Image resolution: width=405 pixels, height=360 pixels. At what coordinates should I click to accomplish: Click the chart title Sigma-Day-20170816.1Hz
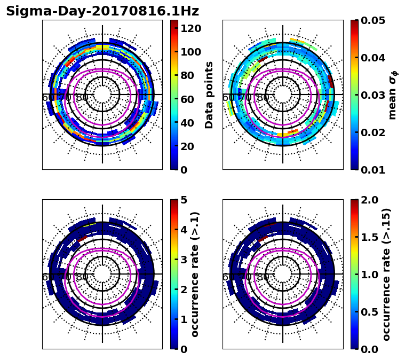pyautogui.click(x=102, y=11)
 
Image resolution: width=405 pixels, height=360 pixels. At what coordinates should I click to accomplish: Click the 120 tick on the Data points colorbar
pyautogui.click(x=190, y=28)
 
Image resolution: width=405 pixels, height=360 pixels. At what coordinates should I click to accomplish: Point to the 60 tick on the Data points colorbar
pyautogui.click(x=188, y=99)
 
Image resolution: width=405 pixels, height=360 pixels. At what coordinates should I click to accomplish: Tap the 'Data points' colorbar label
pyautogui.click(x=209, y=95)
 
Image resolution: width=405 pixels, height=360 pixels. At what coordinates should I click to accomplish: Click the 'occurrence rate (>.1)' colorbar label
pyautogui.click(x=195, y=274)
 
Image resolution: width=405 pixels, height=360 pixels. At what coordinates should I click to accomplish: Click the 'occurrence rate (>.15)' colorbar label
pyautogui.click(x=386, y=274)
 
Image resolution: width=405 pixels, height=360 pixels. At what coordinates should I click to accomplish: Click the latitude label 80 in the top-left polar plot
pyautogui.click(x=82, y=98)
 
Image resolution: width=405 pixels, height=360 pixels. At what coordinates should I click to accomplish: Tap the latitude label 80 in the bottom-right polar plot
pyautogui.click(x=262, y=277)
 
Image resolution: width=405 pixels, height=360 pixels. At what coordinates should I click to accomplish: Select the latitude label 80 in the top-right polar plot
pyautogui.click(x=262, y=98)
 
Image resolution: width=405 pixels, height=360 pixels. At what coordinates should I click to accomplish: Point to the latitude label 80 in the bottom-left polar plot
pyautogui.click(x=82, y=277)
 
